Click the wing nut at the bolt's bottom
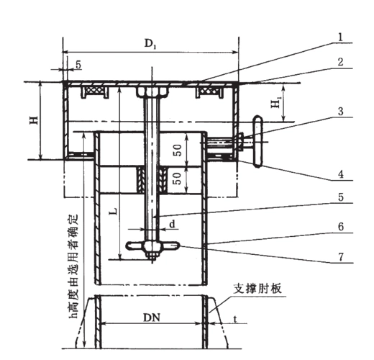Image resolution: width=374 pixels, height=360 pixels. (x=152, y=248)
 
